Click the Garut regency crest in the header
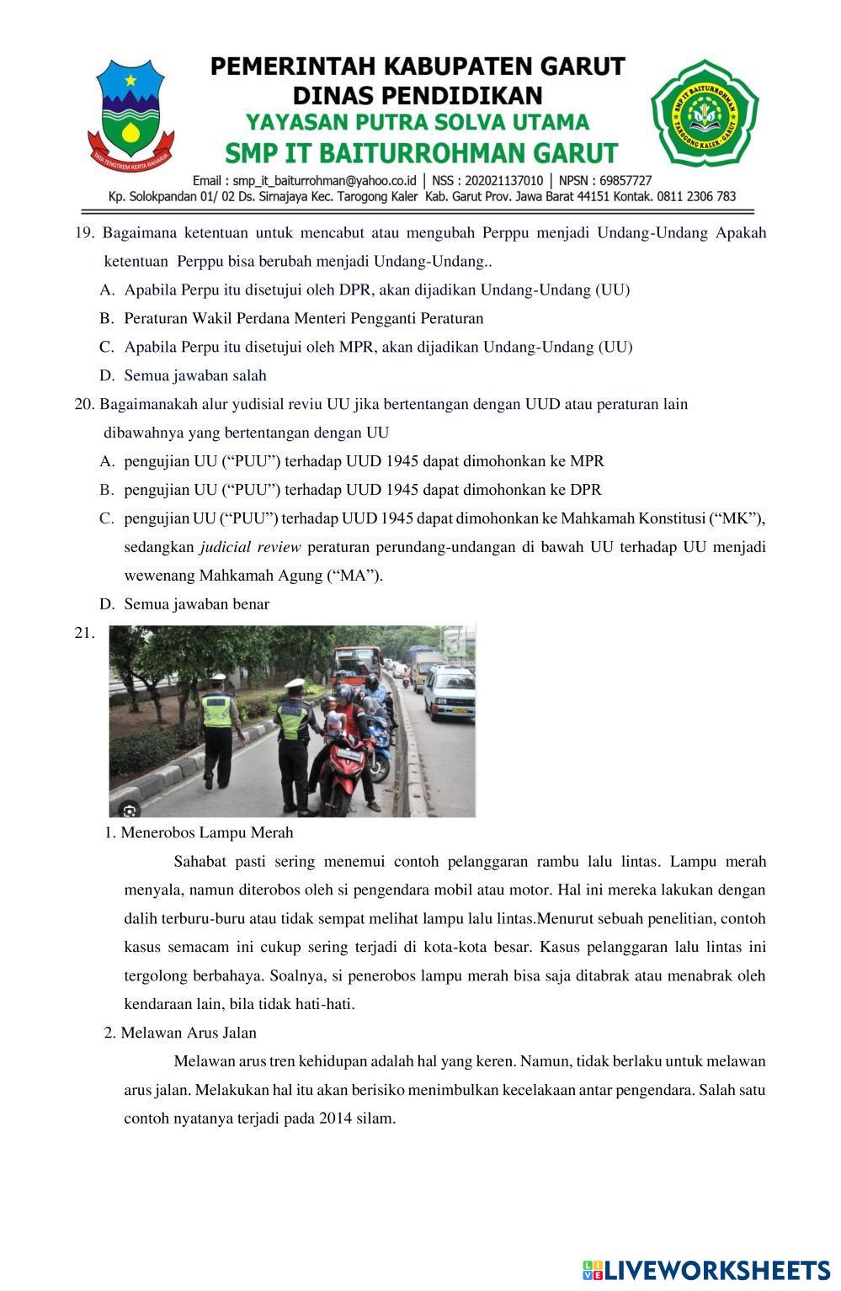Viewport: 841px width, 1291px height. tap(130, 112)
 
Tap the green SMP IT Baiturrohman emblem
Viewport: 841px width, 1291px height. tap(704, 112)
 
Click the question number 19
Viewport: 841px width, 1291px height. tap(84, 233)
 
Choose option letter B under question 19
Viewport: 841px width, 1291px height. tap(106, 319)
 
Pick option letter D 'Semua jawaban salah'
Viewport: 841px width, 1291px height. tap(106, 376)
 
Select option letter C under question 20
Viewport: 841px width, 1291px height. tap(106, 518)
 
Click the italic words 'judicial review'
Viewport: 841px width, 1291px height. tap(250, 548)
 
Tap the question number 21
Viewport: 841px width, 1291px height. tap(84, 634)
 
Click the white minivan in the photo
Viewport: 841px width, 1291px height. tap(450, 692)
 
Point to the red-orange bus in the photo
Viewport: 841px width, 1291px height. tap(357, 662)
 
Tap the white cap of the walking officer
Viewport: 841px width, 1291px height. tap(218, 677)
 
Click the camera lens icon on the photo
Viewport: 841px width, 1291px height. tap(130, 810)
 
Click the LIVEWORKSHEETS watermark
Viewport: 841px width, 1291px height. tap(707, 1270)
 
